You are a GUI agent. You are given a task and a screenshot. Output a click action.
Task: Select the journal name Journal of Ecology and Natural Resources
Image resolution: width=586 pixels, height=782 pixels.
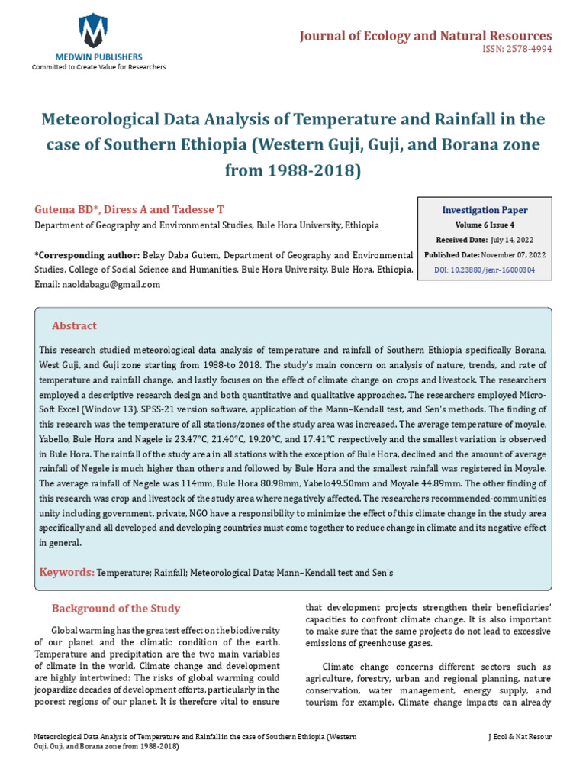[425, 36]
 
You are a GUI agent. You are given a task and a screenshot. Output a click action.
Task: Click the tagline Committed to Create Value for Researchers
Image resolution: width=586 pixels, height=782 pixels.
[98, 67]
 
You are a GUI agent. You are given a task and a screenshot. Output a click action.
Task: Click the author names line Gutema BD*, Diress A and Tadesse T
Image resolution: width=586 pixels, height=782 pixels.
[129, 209]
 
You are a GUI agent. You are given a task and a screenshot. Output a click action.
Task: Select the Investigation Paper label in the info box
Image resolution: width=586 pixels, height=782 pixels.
[485, 210]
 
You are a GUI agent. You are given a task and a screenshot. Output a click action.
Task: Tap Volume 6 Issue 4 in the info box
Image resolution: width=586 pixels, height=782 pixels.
[485, 225]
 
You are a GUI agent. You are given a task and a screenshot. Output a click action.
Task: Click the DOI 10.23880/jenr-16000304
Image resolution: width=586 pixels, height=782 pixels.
[485, 270]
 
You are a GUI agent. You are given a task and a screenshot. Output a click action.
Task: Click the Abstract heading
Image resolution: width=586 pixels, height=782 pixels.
[74, 325]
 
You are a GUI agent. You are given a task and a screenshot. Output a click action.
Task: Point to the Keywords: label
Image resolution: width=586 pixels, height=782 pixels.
[67, 572]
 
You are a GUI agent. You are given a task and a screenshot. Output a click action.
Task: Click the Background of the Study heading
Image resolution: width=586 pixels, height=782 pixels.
[115, 609]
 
